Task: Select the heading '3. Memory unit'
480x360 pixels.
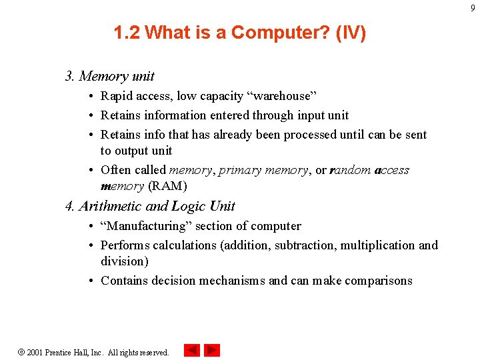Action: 110,76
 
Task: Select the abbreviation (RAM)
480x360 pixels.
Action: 167,186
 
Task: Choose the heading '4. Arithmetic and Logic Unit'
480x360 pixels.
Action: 150,206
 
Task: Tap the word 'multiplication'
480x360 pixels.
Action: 377,245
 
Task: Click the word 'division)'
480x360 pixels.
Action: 125,261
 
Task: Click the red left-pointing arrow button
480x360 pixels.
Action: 192,350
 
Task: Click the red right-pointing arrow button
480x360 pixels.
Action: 212,350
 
